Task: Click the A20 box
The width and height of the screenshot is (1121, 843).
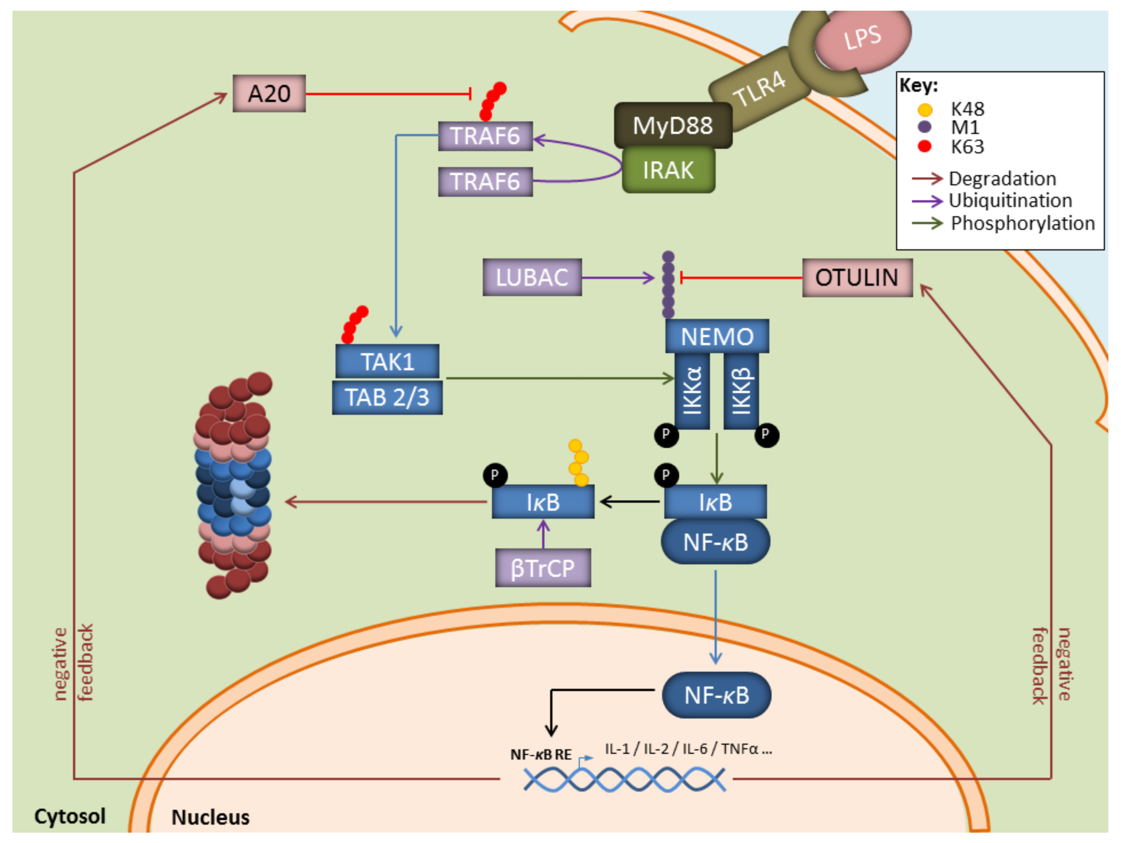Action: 269,93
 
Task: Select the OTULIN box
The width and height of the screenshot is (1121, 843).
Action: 857,277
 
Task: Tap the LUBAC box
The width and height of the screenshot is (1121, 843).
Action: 532,277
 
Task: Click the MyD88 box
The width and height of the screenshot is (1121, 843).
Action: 673,125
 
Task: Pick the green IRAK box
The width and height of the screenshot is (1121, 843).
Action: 668,170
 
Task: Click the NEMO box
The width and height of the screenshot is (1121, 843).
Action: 717,336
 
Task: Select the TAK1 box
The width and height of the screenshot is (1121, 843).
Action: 387,362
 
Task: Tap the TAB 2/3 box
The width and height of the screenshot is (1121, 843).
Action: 387,398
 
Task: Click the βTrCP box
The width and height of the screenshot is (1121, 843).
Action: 543,568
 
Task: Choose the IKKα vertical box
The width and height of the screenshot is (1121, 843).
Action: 692,391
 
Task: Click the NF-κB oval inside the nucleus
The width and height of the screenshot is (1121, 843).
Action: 717,695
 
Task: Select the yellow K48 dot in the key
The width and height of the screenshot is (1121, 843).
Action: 925,110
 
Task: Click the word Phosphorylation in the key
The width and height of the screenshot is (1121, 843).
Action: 1023,223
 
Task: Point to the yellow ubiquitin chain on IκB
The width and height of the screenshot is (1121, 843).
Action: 578,462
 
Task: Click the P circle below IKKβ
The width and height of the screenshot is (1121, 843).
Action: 766,435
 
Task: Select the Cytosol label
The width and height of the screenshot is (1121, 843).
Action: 70,816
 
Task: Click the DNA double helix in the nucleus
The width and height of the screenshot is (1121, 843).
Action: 624,779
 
